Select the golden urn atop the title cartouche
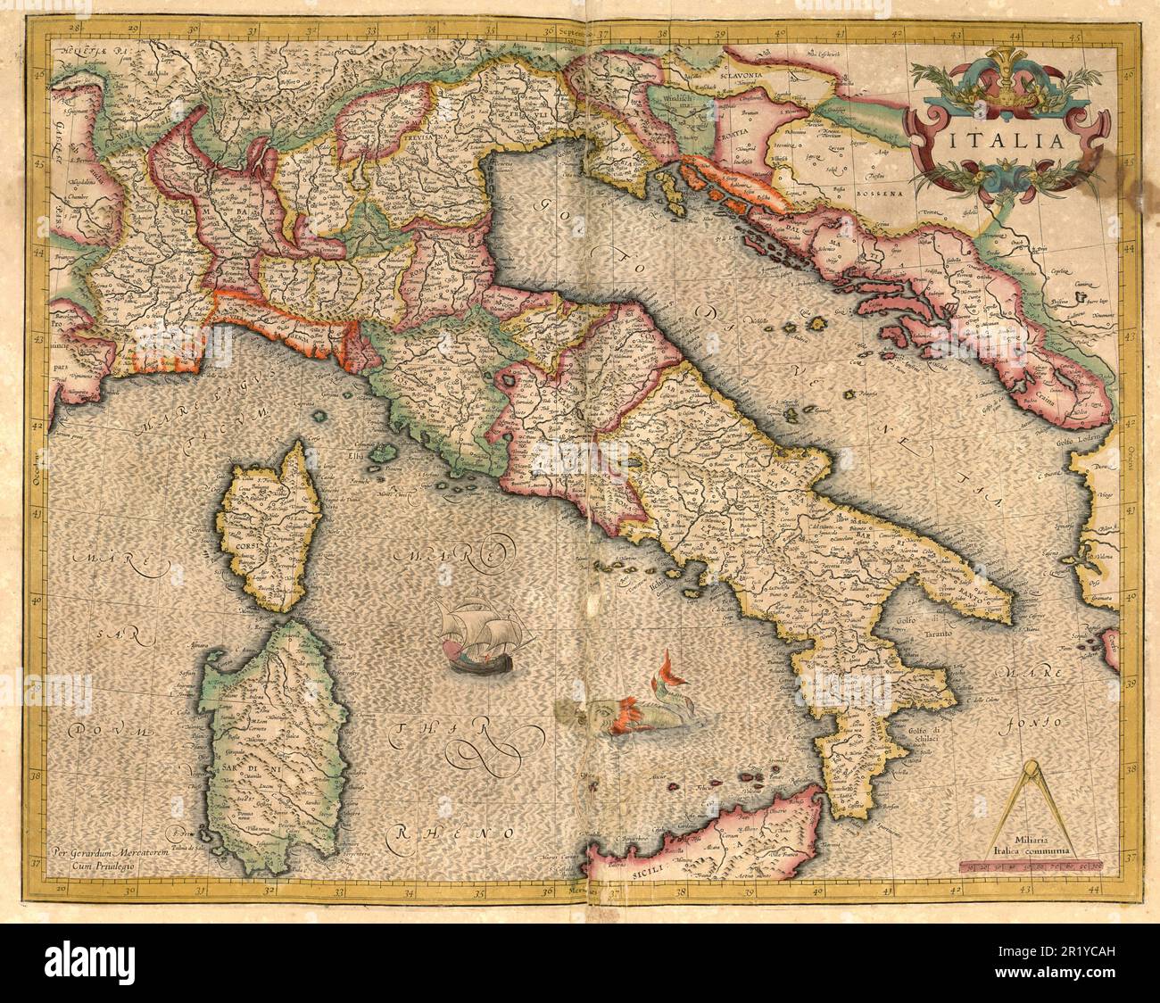pos(1009,81)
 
